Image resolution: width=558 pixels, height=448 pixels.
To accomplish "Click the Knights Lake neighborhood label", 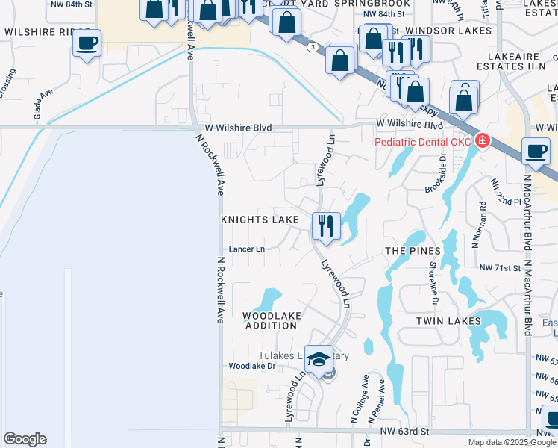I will (260, 220).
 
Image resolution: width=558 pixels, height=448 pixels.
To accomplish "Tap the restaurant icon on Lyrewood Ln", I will (325, 225).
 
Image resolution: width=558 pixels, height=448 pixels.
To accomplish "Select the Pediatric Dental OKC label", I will (422, 141).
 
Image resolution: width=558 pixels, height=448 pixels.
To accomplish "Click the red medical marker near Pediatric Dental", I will (483, 140).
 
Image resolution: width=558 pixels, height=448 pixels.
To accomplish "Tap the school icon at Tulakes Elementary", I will (319, 359).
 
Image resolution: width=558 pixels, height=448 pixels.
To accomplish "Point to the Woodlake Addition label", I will (272, 321).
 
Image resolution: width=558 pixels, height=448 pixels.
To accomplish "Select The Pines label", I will (409, 251).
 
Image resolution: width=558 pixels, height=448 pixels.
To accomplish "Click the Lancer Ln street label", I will (247, 249).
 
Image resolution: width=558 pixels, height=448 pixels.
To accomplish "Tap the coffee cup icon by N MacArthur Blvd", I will (536, 151).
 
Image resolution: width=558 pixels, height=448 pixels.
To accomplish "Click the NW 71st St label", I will (499, 267).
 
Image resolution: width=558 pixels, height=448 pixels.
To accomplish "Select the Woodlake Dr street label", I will (251, 366).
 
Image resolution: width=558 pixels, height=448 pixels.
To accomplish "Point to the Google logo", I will (25, 439).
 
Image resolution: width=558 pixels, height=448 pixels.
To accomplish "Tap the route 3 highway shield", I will (310, 46).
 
